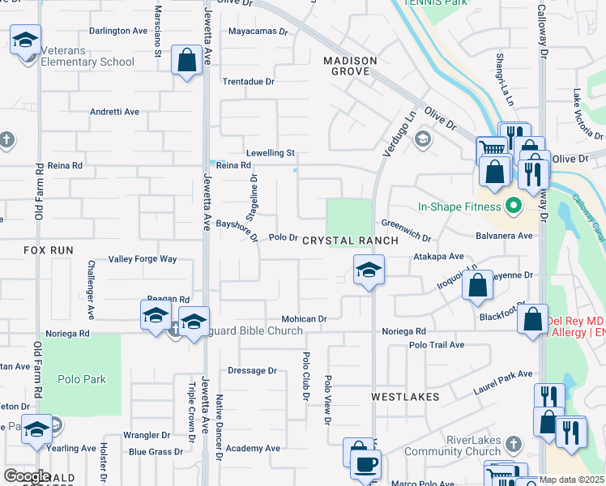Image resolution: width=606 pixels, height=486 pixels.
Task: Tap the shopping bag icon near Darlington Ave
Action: pos(187,61)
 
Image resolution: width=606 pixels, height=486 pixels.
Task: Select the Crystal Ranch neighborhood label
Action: pos(350,241)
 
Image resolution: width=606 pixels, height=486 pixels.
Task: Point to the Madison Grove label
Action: pos(350,66)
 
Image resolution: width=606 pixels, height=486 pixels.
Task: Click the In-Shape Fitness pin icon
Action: pos(512,207)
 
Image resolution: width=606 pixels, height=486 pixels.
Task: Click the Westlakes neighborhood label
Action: pos(405,397)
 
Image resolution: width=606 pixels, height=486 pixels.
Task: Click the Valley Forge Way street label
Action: pos(143,259)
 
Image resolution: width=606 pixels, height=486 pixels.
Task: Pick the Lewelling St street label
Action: pos(271,152)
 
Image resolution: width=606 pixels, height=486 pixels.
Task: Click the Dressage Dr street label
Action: pos(252,370)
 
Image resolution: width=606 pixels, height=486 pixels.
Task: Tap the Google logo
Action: pos(26,476)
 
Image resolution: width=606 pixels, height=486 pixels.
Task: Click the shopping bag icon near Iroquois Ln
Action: pos(479,286)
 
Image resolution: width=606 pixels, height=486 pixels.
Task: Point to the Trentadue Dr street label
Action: pos(249,82)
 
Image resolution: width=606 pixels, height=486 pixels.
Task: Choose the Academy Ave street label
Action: pos(253,448)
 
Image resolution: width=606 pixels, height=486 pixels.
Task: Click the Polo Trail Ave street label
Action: pos(436,345)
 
